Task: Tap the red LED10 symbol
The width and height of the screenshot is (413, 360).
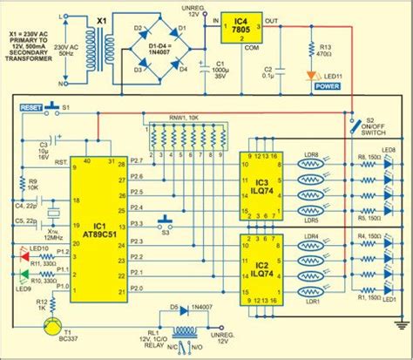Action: tap(24, 255)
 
